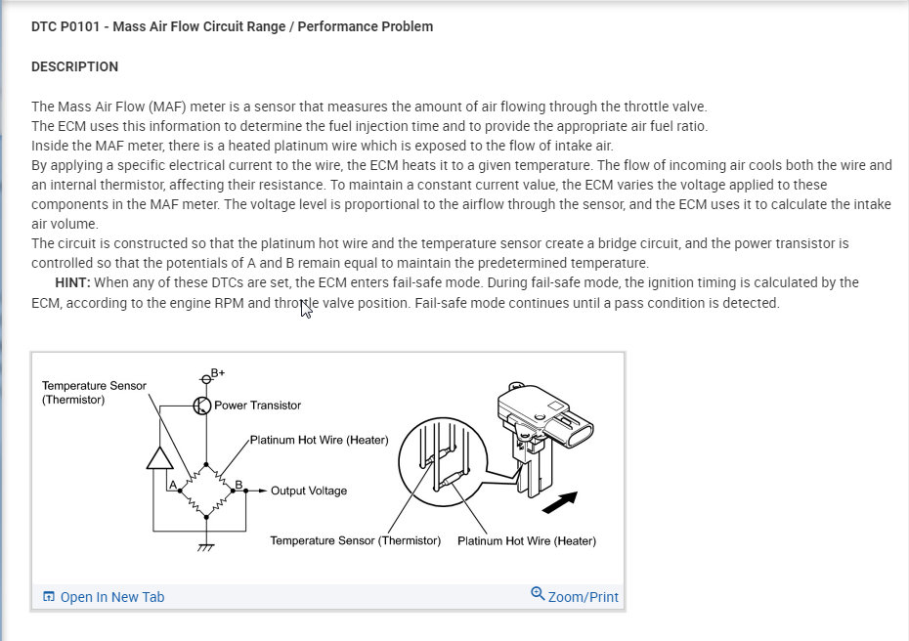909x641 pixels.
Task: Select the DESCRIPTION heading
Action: [74, 66]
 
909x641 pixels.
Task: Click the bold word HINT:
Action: [72, 282]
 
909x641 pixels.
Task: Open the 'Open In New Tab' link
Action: [111, 597]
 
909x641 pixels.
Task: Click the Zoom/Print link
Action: [583, 597]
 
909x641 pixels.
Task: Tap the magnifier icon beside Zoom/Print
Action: [538, 593]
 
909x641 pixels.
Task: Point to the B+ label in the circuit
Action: [218, 373]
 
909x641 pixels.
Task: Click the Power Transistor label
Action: [258, 405]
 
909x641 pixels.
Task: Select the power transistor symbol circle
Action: [202, 406]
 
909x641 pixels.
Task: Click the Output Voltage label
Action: [308, 491]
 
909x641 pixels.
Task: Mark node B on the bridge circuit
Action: [238, 483]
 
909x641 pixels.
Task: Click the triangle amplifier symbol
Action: [159, 456]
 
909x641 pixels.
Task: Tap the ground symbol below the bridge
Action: [205, 547]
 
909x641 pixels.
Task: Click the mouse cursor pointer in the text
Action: [306, 310]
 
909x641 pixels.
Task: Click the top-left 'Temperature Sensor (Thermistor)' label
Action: [94, 392]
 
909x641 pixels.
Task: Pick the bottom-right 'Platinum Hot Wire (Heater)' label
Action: [526, 540]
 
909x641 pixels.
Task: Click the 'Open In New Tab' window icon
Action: [49, 597]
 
